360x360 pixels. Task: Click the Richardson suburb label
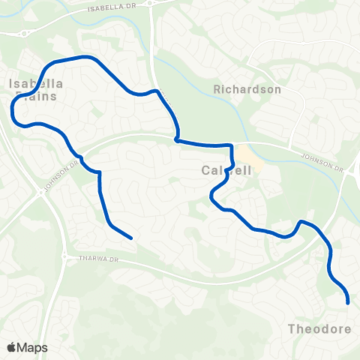(247, 89)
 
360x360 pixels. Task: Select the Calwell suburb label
(224, 171)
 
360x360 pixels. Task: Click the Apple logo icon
(11, 348)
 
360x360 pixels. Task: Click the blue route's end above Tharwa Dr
(132, 238)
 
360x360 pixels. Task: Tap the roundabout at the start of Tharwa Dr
(67, 250)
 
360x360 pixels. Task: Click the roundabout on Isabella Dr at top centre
(151, 4)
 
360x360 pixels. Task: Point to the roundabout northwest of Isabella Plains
(24, 32)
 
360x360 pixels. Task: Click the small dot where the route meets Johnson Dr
(177, 139)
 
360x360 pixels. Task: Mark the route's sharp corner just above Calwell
(232, 146)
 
